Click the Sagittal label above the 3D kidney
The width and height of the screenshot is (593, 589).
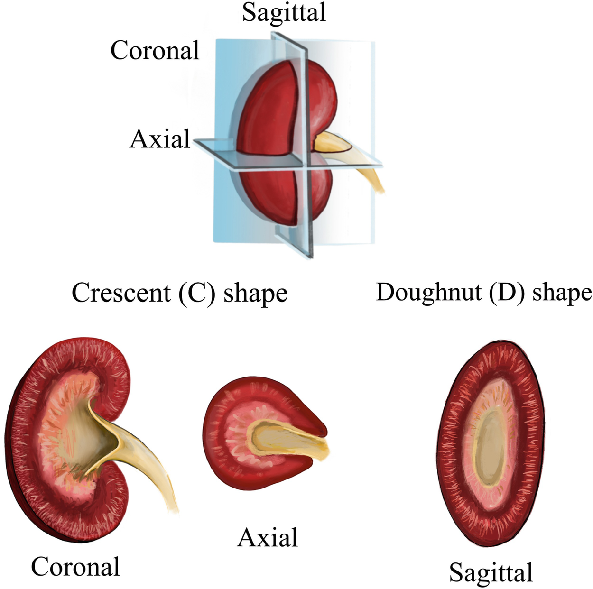(x=284, y=12)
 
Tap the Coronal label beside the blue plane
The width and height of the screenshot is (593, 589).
(x=155, y=50)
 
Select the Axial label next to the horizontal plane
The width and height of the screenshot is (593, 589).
(x=160, y=139)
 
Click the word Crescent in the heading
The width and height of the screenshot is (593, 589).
(x=121, y=293)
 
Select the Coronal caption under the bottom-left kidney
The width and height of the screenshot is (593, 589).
(x=75, y=566)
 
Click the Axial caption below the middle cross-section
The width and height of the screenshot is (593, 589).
(x=268, y=538)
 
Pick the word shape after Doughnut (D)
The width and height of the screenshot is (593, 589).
(x=562, y=292)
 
